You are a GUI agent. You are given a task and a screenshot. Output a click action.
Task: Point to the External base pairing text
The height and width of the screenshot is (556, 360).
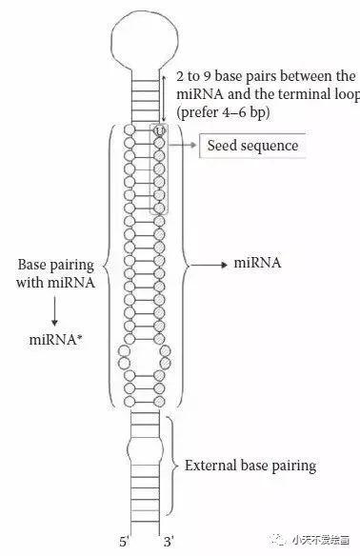(x=250, y=466)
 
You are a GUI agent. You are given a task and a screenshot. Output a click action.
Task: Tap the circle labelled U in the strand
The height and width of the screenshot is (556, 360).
(x=159, y=129)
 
